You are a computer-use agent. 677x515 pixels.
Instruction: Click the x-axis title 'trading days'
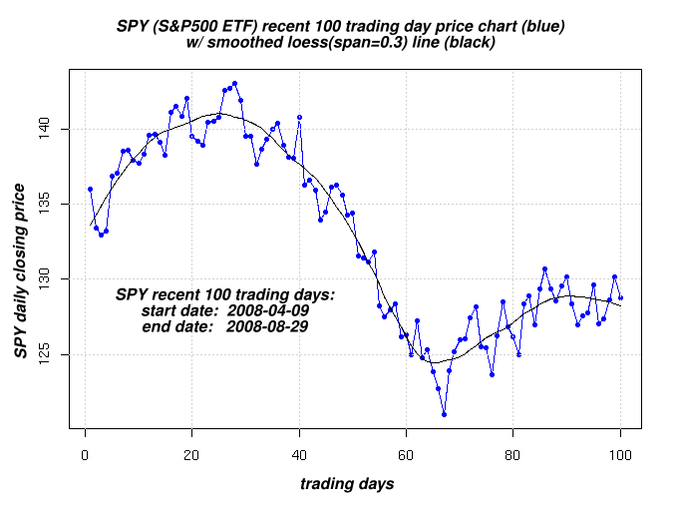pyautogui.click(x=347, y=484)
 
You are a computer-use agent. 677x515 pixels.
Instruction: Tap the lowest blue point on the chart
pyautogui.click(x=444, y=414)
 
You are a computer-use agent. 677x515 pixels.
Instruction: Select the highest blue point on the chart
pyautogui.click(x=234, y=84)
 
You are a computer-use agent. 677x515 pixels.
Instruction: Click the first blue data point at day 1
pyautogui.click(x=90, y=189)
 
